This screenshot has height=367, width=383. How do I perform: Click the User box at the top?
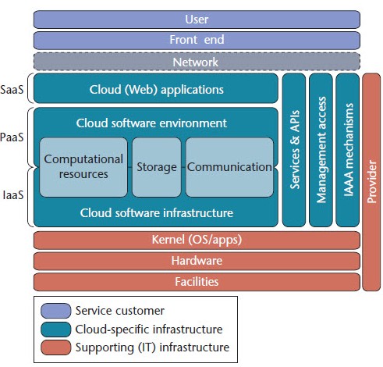point(197,20)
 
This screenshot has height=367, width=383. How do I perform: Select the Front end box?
point(197,41)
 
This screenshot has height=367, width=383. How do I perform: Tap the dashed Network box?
point(197,62)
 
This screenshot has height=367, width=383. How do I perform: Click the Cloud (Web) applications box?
point(156,88)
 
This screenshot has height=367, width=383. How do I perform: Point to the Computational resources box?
point(83,167)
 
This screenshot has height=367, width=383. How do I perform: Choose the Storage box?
point(157,167)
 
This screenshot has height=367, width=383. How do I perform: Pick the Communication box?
point(229,167)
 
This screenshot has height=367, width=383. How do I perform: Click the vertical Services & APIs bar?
point(294,150)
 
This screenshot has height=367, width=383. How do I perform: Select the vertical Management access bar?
point(321,150)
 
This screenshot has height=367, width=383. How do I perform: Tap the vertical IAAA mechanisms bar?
point(348,150)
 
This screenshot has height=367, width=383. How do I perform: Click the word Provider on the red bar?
point(371,182)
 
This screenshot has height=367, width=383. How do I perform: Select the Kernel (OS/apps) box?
point(197,240)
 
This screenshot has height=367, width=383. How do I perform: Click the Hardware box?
point(197,261)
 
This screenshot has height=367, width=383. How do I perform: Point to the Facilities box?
point(197,282)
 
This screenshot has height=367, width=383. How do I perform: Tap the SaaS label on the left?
point(12,90)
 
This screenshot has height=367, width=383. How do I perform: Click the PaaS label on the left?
point(12,137)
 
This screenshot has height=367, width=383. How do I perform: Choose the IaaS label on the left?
point(13,195)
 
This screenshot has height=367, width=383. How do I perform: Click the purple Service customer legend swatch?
point(56,311)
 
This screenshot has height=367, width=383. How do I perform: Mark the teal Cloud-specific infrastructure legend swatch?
point(56,330)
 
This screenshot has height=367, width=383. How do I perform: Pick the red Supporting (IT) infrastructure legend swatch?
point(56,347)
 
